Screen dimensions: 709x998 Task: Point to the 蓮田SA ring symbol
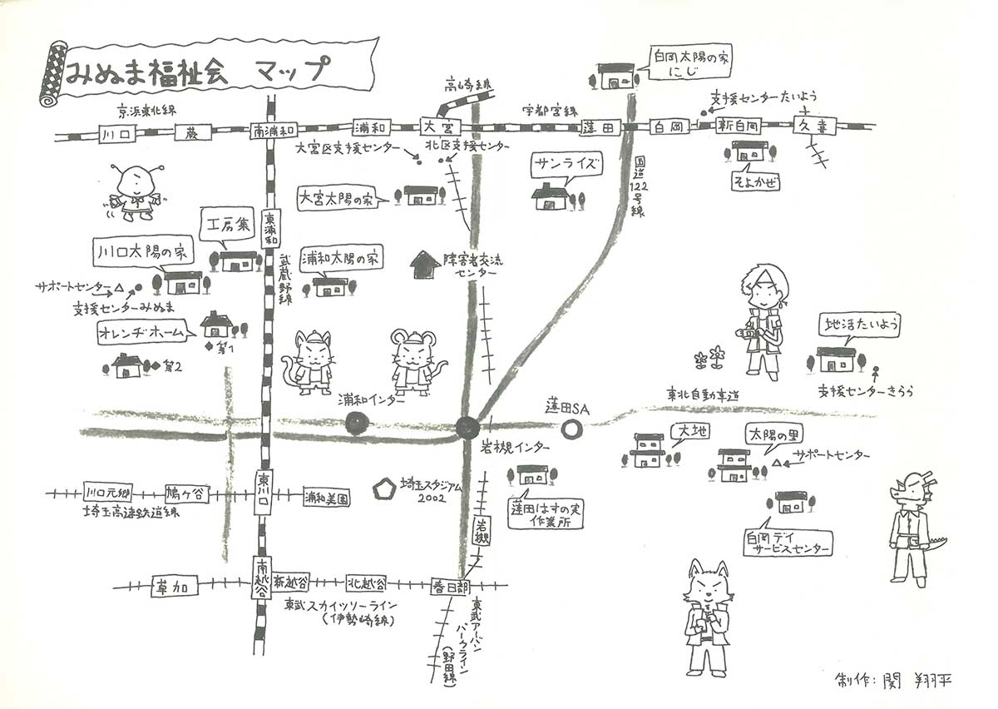click(x=571, y=429)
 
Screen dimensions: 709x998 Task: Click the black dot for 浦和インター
click(x=357, y=424)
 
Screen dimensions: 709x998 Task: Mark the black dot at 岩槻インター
click(x=467, y=428)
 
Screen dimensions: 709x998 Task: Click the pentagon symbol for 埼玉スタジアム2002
click(x=385, y=486)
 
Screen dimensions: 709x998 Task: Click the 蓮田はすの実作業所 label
click(x=546, y=513)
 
